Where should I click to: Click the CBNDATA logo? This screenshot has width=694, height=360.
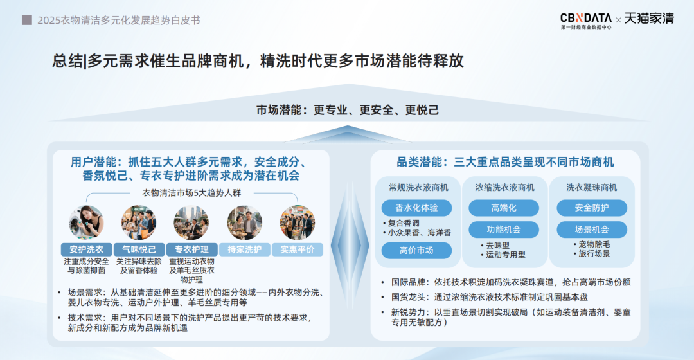point(586,21)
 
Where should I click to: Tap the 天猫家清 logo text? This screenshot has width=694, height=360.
point(649,19)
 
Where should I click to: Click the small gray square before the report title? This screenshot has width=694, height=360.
point(27,20)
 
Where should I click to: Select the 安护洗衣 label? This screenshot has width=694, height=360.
point(86,249)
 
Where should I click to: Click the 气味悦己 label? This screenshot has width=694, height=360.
point(139,249)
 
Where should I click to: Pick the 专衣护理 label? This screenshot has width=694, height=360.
point(191,249)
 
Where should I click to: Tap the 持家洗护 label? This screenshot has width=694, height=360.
point(244,249)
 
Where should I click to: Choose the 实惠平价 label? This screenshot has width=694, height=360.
point(298,249)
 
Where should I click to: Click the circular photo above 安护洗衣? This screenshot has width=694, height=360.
point(86,222)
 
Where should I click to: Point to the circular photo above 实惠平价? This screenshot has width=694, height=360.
point(298,222)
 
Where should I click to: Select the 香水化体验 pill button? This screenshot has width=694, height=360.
point(416,208)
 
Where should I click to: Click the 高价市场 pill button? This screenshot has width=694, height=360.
point(416,250)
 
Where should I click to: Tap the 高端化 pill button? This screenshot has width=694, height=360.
point(504,208)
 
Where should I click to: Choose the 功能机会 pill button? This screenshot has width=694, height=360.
point(504,230)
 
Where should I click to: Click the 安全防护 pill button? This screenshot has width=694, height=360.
point(592,208)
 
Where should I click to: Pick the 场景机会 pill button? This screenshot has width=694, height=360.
point(592,230)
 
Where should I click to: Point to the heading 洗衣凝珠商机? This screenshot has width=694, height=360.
point(591,188)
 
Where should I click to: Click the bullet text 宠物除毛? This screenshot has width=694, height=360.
point(594,244)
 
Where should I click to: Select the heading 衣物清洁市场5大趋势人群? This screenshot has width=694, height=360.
point(191,193)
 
